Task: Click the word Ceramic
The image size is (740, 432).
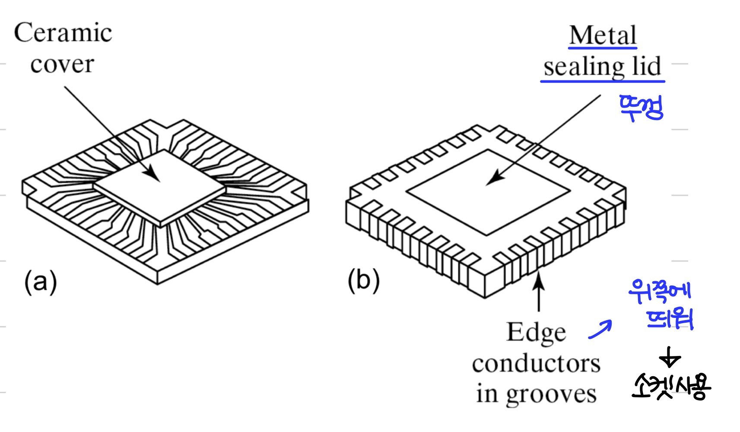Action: click(63, 33)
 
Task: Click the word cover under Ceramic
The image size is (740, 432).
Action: click(62, 65)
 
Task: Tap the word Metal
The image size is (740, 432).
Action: click(603, 35)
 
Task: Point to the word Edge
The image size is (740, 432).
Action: click(536, 333)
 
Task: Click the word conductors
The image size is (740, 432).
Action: click(536, 364)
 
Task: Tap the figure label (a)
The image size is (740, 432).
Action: click(40, 282)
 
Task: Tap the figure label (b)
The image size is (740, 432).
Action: click(364, 280)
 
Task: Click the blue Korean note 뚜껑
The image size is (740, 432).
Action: click(641, 108)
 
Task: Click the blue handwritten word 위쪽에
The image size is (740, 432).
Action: click(660, 291)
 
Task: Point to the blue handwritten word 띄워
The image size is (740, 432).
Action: click(670, 319)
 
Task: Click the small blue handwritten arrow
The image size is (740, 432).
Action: click(600, 329)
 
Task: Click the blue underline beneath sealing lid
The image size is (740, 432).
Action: click(603, 81)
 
